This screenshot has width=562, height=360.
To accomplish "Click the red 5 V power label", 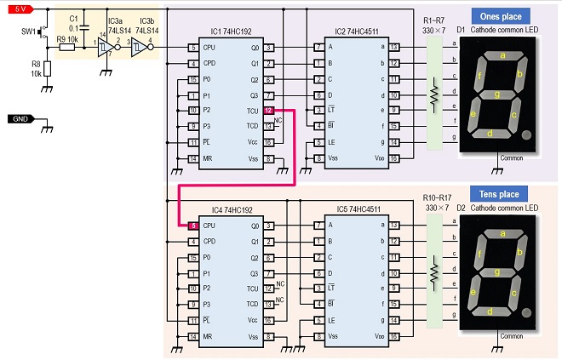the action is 20,9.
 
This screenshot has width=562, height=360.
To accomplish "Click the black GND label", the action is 20,119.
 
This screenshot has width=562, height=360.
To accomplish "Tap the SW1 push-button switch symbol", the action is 43,31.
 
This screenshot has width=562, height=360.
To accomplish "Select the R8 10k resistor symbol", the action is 47,69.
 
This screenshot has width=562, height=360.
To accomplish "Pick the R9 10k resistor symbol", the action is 66,48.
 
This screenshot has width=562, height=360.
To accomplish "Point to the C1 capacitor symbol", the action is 84,27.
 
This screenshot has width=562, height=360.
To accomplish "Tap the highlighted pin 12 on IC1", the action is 268,111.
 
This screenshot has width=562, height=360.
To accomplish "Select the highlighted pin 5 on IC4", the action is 193,226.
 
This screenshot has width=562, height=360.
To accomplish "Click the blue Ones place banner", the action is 501,16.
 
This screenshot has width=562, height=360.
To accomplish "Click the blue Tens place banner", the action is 499,194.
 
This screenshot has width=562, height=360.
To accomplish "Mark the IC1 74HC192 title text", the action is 231,31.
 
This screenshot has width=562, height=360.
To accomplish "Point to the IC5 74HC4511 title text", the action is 358,209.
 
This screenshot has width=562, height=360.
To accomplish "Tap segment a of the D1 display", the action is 503,55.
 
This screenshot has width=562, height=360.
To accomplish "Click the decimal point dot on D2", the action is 526,312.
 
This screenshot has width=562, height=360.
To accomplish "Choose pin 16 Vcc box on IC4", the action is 268,321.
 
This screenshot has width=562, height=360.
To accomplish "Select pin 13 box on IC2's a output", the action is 394,47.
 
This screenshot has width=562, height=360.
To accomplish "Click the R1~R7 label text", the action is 433,20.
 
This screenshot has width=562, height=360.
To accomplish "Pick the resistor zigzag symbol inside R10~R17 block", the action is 434,273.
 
